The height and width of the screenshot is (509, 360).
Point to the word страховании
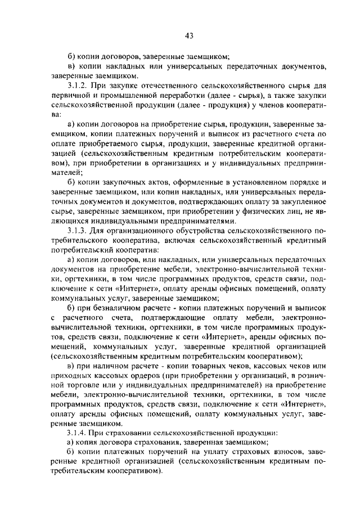click(x=122, y=434)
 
